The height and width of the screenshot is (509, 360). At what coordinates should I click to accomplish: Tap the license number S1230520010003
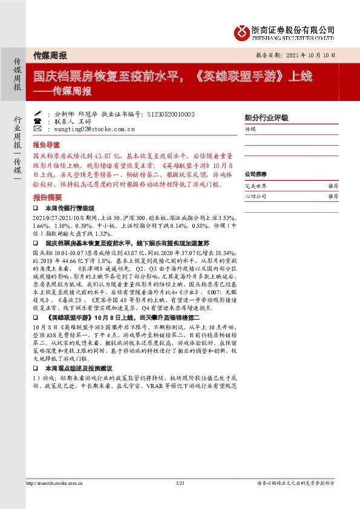click(162, 113)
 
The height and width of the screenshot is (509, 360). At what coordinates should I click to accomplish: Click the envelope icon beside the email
click(38, 129)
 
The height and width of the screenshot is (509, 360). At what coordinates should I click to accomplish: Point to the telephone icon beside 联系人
click(38, 121)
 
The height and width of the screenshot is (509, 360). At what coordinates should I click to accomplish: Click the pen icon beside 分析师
click(38, 113)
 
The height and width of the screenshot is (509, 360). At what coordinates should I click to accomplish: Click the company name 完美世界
click(254, 186)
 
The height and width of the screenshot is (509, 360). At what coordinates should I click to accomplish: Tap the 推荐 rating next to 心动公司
click(333, 196)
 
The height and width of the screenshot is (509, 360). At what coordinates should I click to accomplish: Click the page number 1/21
click(180, 483)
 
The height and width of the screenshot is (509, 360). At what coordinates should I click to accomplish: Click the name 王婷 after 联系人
click(82, 121)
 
